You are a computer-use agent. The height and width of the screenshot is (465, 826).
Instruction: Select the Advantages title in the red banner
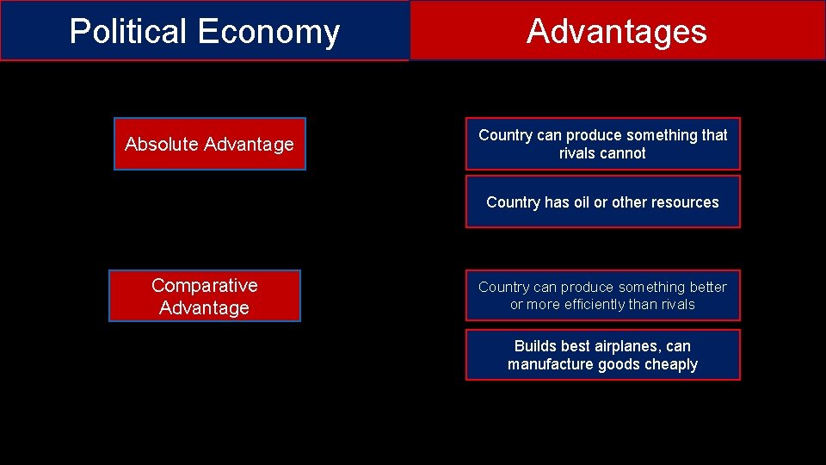[x=616, y=32]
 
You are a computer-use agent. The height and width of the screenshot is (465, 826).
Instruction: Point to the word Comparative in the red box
[x=204, y=285]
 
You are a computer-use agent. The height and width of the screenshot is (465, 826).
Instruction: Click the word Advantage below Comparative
[x=204, y=308]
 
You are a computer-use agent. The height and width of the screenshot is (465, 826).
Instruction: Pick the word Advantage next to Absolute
[x=252, y=145]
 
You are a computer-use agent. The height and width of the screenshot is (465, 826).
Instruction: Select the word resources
[x=685, y=202]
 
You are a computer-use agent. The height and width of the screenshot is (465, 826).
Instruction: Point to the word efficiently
[x=593, y=305]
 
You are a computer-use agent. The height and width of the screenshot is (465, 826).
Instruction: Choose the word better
[x=707, y=287]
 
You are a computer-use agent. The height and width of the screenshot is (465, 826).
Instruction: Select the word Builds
[x=534, y=346]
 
